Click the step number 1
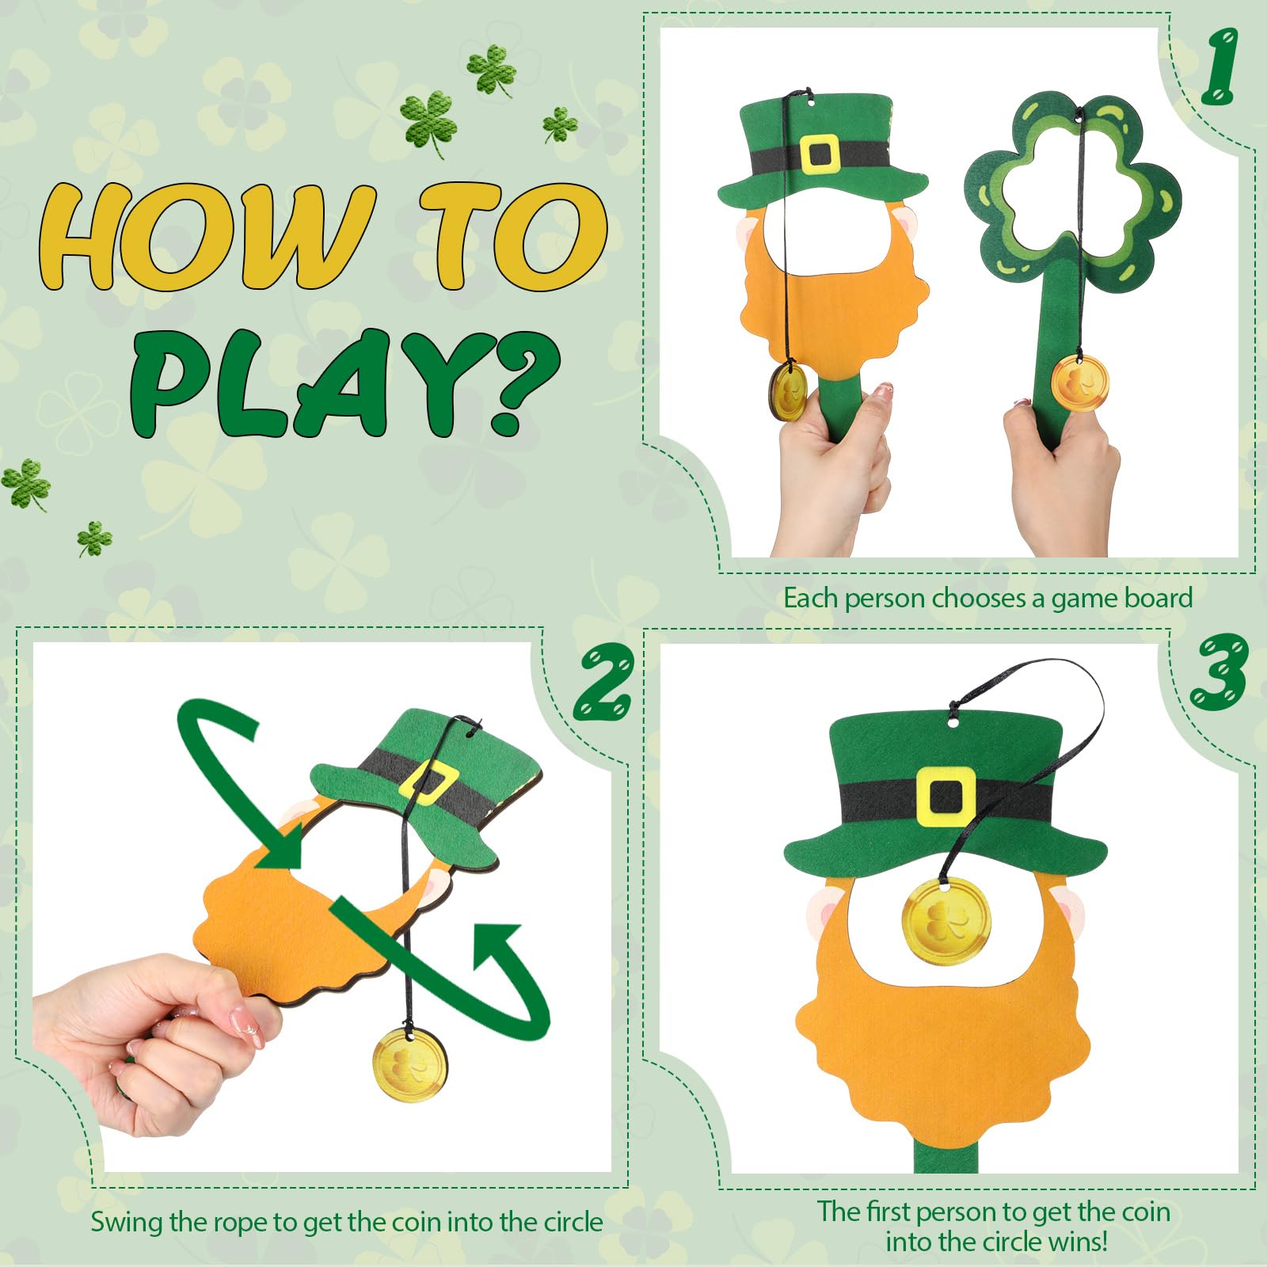[1219, 67]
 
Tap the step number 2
[603, 680]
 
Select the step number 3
[1219, 672]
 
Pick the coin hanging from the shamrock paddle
[1079, 382]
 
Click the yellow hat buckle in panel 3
[945, 796]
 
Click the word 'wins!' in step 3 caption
[1075, 1241]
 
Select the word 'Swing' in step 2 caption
[127, 1222]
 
